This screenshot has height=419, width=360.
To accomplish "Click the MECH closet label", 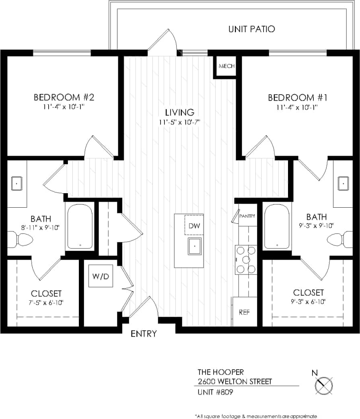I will click(x=227, y=66).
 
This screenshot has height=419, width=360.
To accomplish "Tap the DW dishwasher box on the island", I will click(x=194, y=226).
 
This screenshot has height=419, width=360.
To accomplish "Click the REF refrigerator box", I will click(x=244, y=312).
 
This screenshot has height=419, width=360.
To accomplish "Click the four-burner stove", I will click(x=246, y=260).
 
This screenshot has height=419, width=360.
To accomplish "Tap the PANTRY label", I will click(x=247, y=216).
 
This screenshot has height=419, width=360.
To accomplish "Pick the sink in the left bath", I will click(x=16, y=184).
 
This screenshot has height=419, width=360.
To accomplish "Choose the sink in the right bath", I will click(x=344, y=183).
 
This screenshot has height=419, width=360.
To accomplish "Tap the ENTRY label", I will click(x=144, y=334).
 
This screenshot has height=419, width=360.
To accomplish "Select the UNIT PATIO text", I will click(x=251, y=29).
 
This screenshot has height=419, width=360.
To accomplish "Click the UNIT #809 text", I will click(x=215, y=392).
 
